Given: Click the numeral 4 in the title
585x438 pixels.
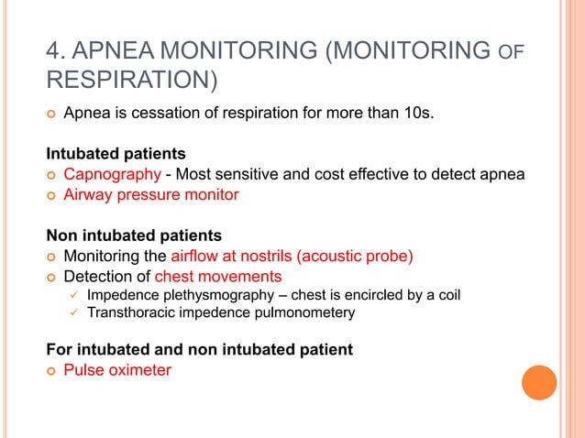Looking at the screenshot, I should pyautogui.click(x=52, y=49).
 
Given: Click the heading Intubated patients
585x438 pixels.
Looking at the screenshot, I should pyautogui.click(x=116, y=153).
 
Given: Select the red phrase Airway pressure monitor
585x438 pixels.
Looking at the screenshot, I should pyautogui.click(x=150, y=194).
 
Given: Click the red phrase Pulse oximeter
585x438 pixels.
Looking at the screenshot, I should pyautogui.click(x=116, y=370).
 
